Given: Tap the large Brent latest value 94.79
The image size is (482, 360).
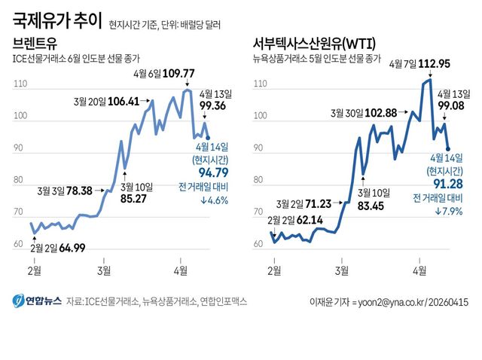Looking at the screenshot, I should [212, 173].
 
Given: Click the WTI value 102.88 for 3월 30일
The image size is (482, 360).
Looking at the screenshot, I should [380, 112].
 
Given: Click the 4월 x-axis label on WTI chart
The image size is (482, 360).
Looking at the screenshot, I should [420, 269].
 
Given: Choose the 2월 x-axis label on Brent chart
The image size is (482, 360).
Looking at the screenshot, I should [34, 269].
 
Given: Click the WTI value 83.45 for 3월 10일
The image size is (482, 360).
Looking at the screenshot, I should [365, 205].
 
